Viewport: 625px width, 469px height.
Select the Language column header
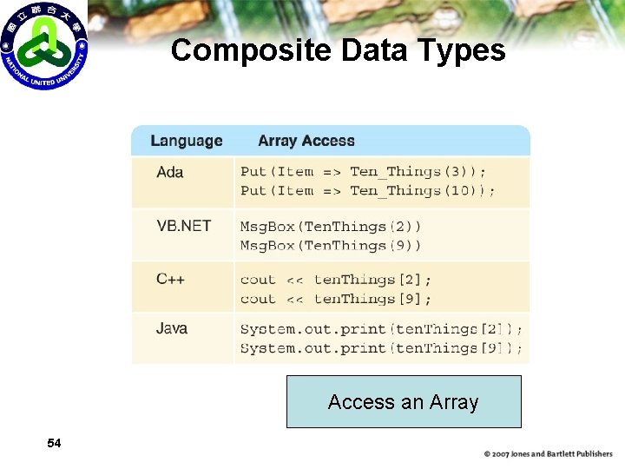(186, 141)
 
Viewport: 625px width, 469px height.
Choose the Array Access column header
(306, 141)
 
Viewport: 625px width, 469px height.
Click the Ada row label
(170, 172)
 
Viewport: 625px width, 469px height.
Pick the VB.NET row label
(184, 226)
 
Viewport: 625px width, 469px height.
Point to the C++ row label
(170, 280)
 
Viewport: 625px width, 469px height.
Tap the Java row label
(172, 328)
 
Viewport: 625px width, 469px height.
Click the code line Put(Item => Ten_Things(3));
(363, 172)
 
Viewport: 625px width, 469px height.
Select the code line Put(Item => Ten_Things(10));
(368, 191)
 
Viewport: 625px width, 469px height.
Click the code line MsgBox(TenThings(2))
(331, 227)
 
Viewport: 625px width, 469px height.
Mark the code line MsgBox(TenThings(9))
(331, 246)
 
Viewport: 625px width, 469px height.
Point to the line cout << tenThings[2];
(335, 280)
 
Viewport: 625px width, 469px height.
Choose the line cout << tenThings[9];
(335, 299)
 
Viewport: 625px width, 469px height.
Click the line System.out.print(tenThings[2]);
(381, 329)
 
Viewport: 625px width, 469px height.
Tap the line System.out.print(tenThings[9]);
(381, 348)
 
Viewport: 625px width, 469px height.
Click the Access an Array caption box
(404, 401)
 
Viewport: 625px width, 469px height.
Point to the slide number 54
(54, 444)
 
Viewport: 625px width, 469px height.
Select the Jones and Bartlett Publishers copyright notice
(548, 454)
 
